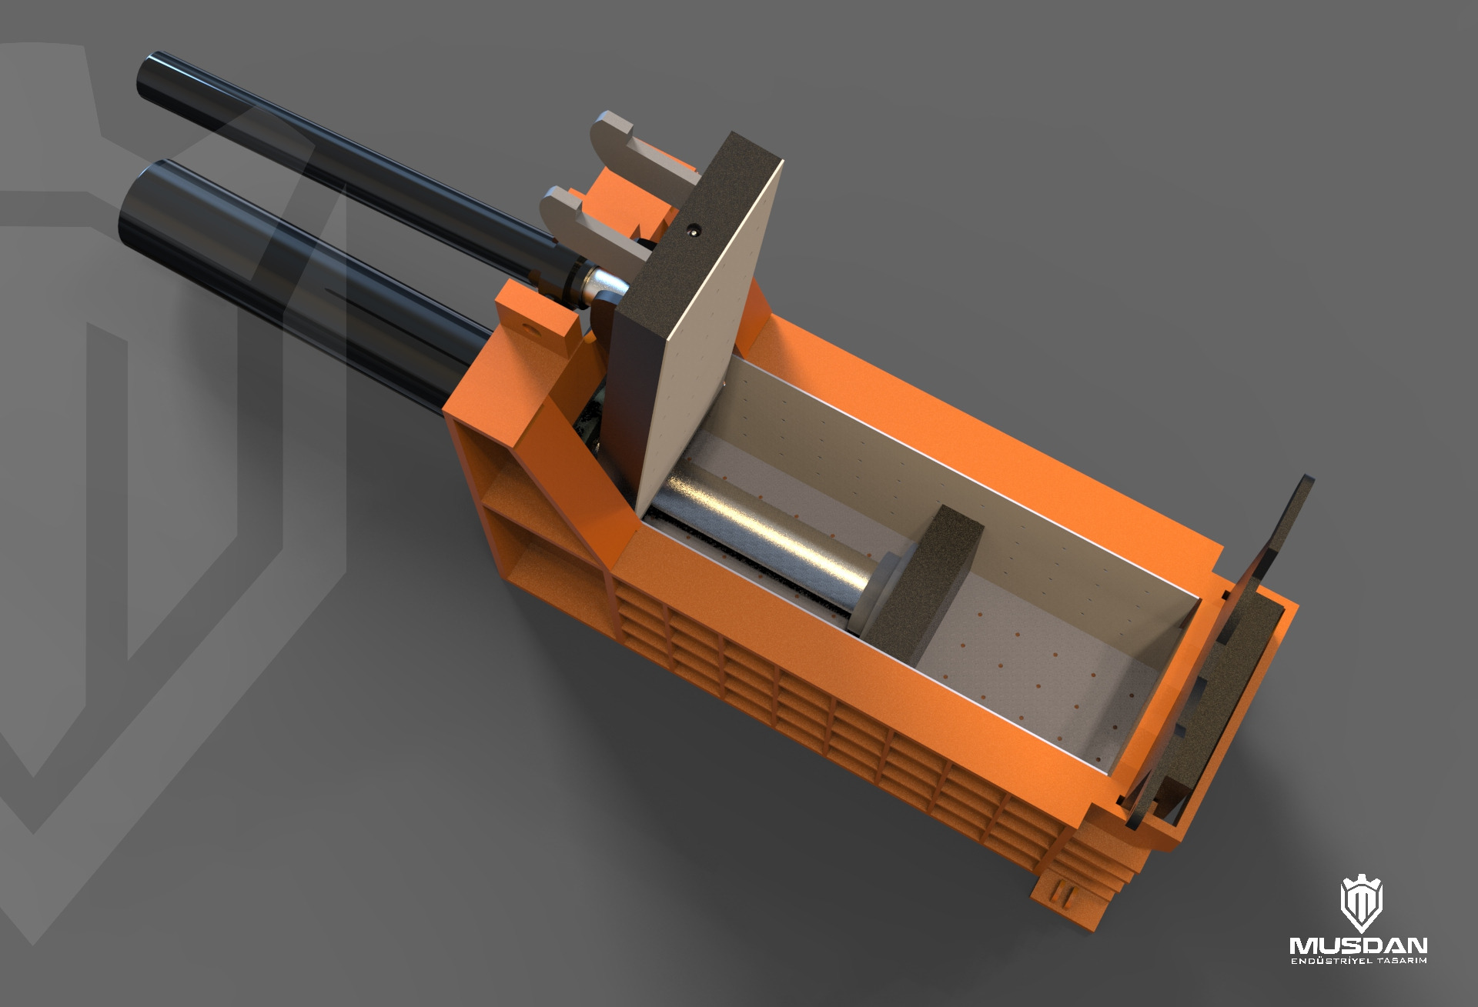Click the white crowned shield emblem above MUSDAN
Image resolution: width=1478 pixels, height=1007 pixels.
[x=1361, y=905]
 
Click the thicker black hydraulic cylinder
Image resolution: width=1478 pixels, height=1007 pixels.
[x=308, y=262]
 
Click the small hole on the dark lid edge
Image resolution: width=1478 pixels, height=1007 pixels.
[x=694, y=228]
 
